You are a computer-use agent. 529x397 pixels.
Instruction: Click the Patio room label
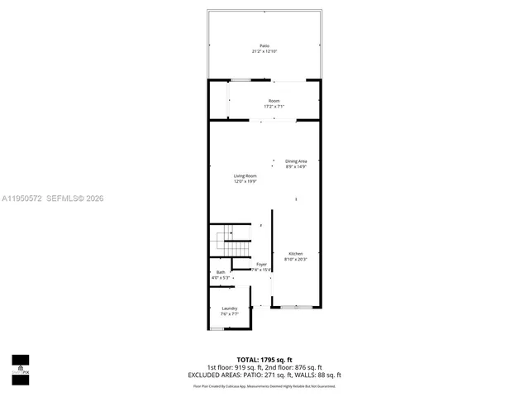coord(264,45)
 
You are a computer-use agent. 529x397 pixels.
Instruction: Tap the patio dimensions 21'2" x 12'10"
coord(264,51)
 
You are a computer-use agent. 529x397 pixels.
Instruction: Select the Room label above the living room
coord(274,101)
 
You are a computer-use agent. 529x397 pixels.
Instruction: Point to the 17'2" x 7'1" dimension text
coord(274,107)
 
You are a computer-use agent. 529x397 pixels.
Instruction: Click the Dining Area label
coord(296,161)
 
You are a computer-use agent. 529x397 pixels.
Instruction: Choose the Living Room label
coord(245,175)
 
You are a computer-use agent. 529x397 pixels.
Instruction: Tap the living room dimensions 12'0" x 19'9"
coord(245,181)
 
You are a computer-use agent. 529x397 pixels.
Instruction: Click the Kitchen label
coord(295,253)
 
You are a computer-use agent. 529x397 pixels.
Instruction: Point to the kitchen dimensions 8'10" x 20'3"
coord(295,259)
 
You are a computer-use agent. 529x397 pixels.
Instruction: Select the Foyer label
coord(261,264)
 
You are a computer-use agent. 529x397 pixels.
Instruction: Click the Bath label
coord(221,272)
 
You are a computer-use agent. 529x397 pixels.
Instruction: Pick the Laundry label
coord(229,309)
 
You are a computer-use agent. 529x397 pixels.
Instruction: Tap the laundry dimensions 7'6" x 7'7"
coord(229,314)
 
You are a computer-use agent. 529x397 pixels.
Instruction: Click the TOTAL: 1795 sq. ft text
coord(264,360)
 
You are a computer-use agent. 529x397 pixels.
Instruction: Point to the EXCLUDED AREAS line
coord(264,375)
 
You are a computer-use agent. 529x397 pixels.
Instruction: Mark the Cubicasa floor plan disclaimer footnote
coord(264,385)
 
